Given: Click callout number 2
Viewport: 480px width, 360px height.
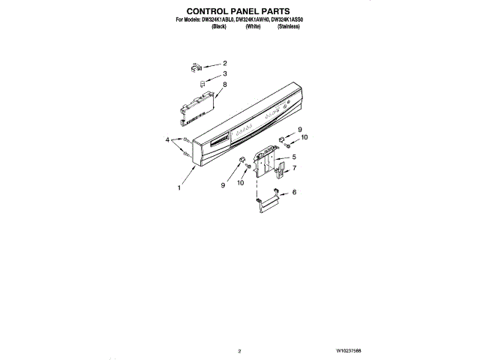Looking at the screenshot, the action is pos(224,64).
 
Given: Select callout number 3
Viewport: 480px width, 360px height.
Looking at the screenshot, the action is pos(224,74).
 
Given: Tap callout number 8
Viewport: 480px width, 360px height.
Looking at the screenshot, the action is pos(224,85).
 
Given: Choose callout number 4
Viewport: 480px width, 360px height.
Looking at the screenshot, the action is pos(168,139).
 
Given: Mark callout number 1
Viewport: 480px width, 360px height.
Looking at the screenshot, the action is pos(178,188).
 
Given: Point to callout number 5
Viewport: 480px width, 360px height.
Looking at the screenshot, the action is pos(293,157).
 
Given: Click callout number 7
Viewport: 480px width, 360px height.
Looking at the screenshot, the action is pos(293,168).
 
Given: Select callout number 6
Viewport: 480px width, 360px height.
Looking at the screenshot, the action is pos(293,193).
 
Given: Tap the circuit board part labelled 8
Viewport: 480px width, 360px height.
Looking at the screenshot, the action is pos(194,103).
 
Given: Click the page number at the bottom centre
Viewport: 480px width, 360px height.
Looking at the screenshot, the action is pos(239,350).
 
